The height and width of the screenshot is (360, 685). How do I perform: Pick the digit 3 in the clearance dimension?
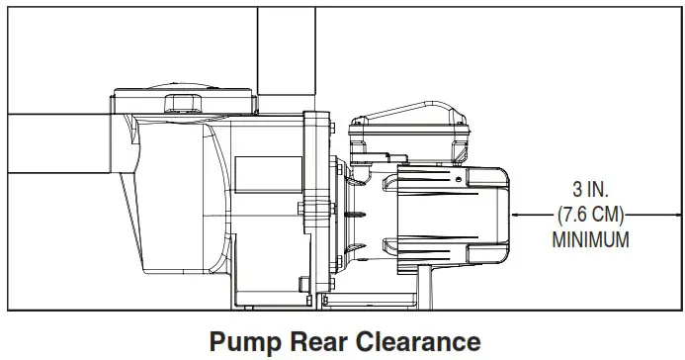(577, 188)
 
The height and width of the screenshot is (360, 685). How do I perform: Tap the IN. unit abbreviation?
(601, 188)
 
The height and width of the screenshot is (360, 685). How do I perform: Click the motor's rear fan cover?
(465, 213)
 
